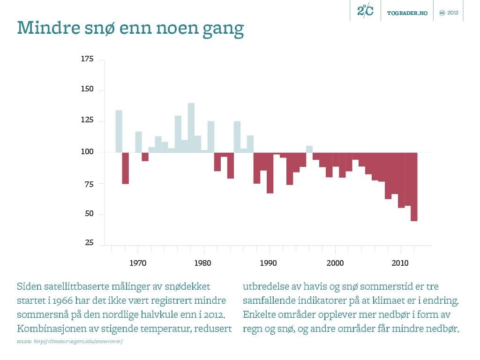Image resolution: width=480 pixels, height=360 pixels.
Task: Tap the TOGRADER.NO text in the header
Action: [x=407, y=13]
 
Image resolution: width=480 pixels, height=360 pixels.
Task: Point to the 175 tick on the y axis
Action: [x=88, y=59]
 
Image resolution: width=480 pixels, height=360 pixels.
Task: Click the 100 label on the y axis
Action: [x=88, y=152]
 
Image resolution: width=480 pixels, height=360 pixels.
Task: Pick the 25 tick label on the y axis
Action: [x=89, y=243]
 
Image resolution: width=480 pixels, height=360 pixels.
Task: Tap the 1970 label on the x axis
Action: [x=137, y=263]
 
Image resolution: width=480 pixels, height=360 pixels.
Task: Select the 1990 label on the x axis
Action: [x=269, y=263]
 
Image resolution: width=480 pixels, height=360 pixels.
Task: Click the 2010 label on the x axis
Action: [x=401, y=263]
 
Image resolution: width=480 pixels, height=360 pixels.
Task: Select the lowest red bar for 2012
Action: [x=414, y=187]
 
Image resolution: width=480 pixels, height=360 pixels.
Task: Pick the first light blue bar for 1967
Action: [x=119, y=131]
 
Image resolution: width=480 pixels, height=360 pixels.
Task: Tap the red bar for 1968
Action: [x=125, y=168]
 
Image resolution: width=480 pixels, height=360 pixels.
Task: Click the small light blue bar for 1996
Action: [x=309, y=149]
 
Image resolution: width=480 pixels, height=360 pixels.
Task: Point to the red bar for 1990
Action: [x=270, y=172]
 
